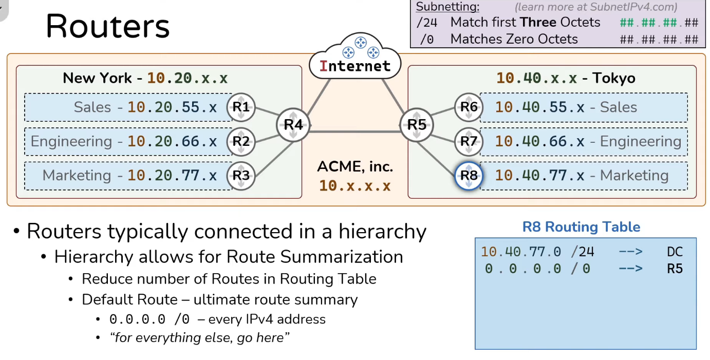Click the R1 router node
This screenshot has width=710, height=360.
pyautogui.click(x=241, y=107)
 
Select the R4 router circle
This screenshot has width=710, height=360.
pyautogui.click(x=293, y=125)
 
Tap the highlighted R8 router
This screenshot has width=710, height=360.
pyautogui.click(x=469, y=176)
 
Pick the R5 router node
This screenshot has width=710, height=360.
pyautogui.click(x=417, y=125)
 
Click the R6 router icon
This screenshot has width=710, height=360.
pyautogui.click(x=469, y=107)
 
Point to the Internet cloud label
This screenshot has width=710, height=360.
pyautogui.click(x=355, y=66)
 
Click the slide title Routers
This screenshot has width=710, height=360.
pyautogui.click(x=107, y=26)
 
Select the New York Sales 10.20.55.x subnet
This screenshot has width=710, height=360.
pyautogui.click(x=128, y=107)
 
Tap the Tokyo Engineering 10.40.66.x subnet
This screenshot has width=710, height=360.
pyautogui.click(x=583, y=141)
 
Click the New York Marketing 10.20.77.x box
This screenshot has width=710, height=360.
pyautogui.click(x=128, y=176)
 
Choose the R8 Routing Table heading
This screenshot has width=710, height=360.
pyautogui.click(x=581, y=227)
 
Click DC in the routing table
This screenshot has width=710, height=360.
pyautogui.click(x=675, y=252)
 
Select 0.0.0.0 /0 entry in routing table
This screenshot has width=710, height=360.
pyautogui.click(x=537, y=269)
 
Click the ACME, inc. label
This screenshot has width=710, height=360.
pyautogui.click(x=355, y=167)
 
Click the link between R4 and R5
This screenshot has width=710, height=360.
pyautogui.click(x=354, y=131)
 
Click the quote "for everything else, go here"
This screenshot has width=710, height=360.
pyautogui.click(x=200, y=338)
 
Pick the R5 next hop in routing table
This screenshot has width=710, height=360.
pyautogui.click(x=675, y=269)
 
